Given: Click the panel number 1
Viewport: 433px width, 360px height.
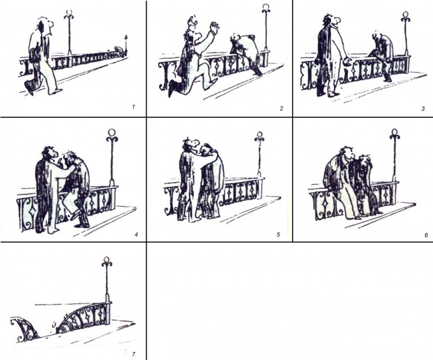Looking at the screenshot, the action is [134, 107].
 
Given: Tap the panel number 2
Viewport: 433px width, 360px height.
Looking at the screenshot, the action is [281, 108].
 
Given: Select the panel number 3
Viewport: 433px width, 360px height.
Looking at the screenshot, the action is [423, 108].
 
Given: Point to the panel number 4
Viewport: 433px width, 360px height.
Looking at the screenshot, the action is [136, 235].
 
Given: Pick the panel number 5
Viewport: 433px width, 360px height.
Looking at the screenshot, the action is [278, 234].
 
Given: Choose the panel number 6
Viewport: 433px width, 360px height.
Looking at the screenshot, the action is [426, 235].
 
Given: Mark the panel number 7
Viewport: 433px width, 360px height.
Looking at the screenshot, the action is [134, 354].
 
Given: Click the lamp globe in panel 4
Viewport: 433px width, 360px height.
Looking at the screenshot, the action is [112, 133].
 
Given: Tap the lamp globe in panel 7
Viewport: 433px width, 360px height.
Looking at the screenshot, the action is [107, 260].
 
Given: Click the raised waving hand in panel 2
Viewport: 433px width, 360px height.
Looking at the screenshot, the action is [214, 27].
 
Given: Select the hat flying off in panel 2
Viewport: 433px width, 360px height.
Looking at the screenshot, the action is [192, 21].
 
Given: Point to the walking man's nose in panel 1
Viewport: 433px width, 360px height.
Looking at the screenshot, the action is [51, 25].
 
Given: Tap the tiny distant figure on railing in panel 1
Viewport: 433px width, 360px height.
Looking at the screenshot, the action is [118, 49].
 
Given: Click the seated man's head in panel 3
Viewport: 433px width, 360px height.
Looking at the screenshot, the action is [376, 35].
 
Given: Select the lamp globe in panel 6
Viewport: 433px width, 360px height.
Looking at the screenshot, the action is [395, 132].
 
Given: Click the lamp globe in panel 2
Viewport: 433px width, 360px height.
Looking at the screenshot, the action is [266, 7].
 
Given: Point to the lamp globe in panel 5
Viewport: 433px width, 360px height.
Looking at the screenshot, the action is [259, 134].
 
